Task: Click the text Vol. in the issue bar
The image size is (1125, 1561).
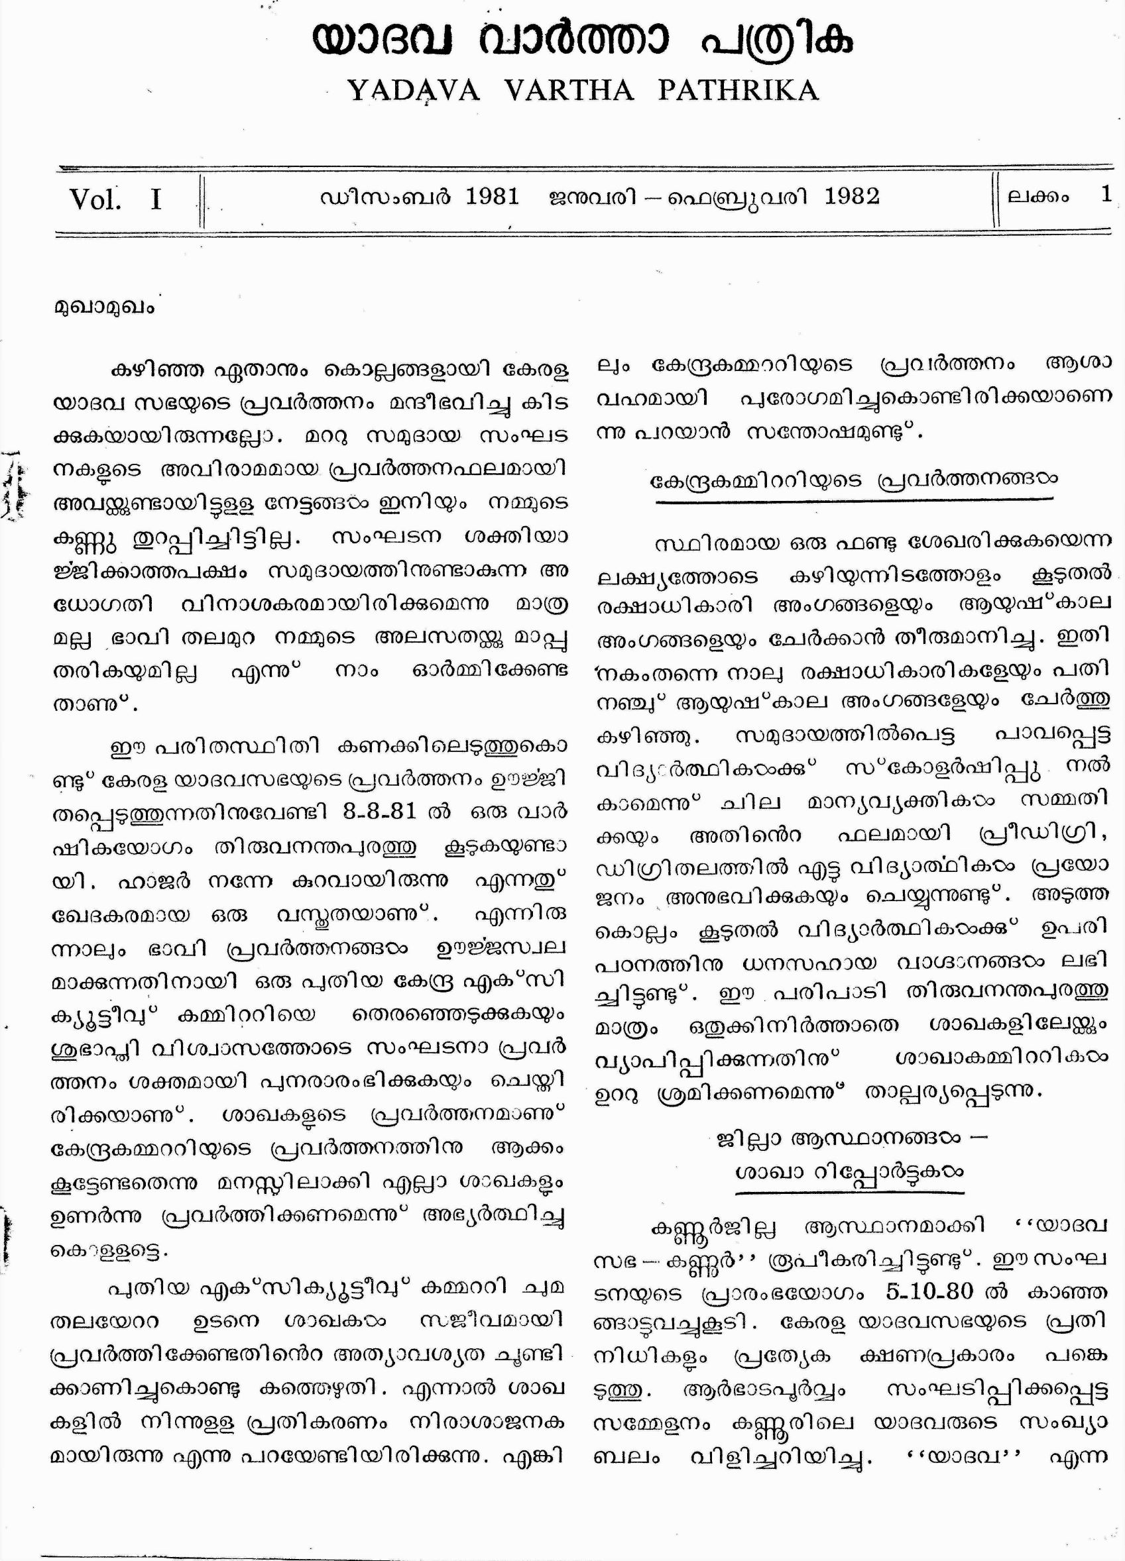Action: coord(95,200)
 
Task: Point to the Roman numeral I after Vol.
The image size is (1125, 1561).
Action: coord(156,200)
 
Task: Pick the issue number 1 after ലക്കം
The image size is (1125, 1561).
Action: coord(1106,195)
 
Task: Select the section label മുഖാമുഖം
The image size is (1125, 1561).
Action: coord(104,307)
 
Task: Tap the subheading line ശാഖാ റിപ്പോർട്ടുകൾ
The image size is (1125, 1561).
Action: coord(849,1171)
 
